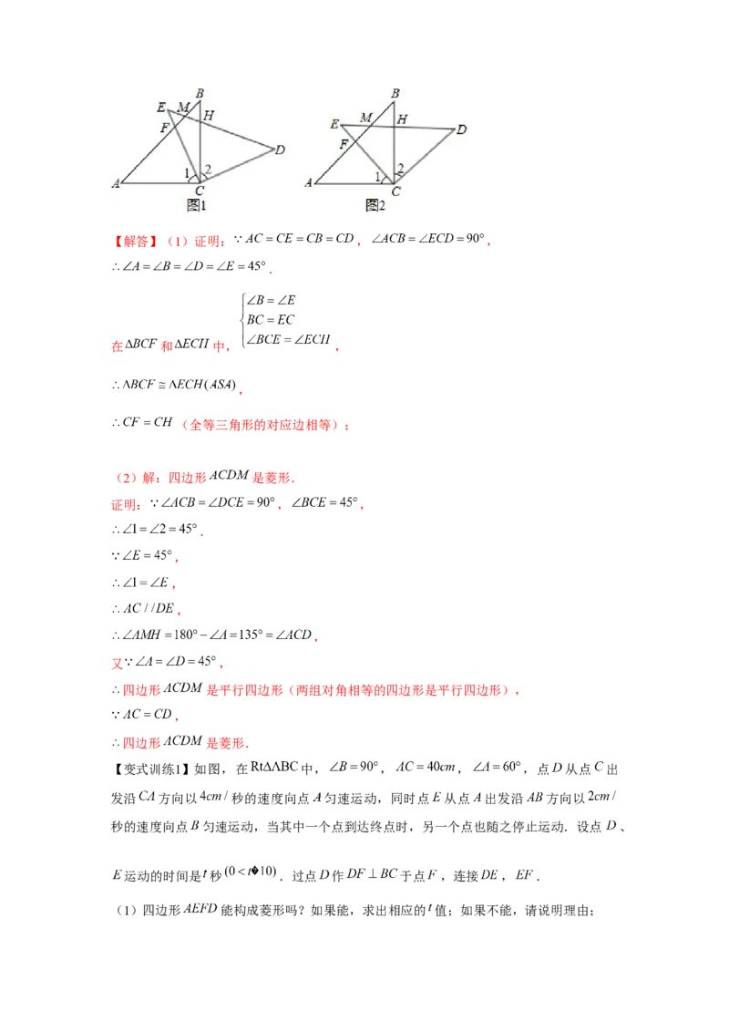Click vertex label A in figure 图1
tap(116, 184)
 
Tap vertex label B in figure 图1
tap(199, 94)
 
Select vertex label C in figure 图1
tap(199, 191)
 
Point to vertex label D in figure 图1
tap(280, 150)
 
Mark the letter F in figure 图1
tap(165, 129)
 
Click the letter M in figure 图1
tap(183, 108)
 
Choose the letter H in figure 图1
tap(209, 116)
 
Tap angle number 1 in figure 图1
tap(188, 173)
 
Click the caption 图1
tap(197, 206)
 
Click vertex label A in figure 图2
tap(309, 183)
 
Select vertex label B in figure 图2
tap(395, 93)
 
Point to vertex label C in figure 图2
tap(395, 191)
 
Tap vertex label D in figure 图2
tap(461, 129)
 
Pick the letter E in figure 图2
tap(334, 124)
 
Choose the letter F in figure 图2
tap(344, 145)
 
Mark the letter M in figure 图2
tap(365, 118)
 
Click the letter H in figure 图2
tap(402, 119)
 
